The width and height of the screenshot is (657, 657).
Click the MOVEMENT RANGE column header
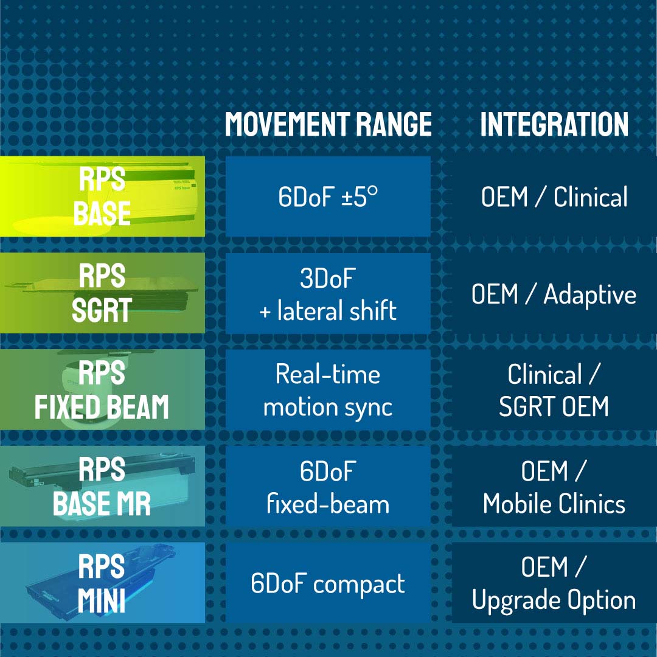328,124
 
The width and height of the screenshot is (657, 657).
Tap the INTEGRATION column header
554,124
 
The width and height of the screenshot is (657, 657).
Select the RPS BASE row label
102,196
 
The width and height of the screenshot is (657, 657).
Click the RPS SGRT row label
102,293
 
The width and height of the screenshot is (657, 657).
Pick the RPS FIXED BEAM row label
102,389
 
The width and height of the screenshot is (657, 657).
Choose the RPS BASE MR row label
102,486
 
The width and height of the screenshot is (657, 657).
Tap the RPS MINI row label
102,583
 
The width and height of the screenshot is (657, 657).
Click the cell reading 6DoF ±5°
328,196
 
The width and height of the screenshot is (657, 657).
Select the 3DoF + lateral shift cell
328,293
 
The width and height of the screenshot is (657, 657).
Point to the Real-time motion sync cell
328,389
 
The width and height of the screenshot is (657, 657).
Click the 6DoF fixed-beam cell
328,486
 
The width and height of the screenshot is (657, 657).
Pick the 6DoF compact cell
328,583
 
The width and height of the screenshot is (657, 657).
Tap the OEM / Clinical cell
554,196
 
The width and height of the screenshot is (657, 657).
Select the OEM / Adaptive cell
554,293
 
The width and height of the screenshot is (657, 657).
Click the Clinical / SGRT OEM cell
554,389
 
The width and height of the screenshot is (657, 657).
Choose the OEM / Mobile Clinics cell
554,486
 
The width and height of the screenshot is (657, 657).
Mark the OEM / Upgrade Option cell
554,583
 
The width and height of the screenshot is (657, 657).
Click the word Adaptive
590,295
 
